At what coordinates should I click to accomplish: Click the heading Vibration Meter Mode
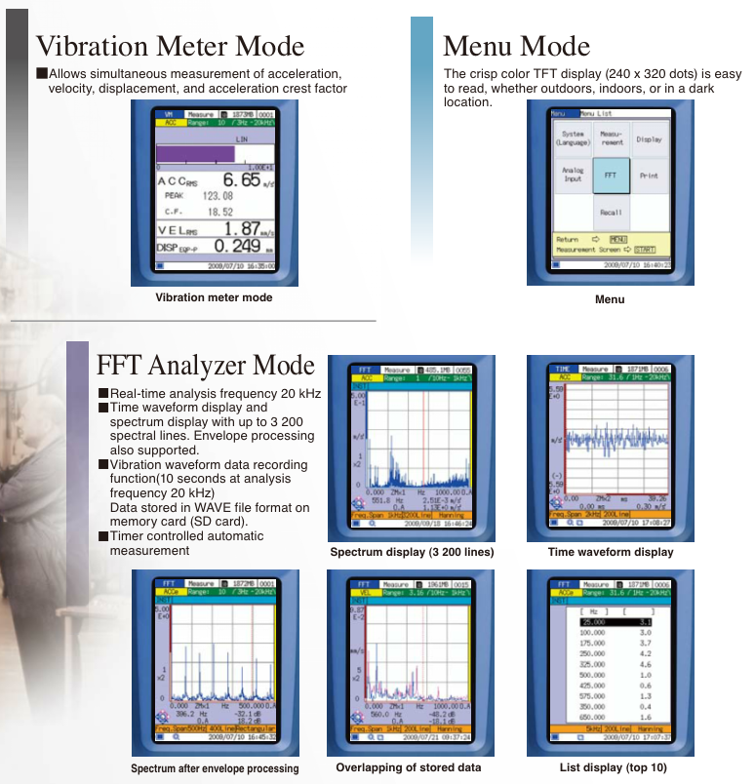(170, 46)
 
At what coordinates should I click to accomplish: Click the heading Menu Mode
(516, 46)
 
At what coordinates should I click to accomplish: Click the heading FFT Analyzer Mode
(206, 366)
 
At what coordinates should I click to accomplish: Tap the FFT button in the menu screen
(611, 176)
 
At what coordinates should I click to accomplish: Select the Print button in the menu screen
(649, 176)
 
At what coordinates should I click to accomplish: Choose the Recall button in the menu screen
(611, 212)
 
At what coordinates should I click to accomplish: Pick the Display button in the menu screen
(649, 139)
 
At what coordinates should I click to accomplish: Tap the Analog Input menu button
(573, 176)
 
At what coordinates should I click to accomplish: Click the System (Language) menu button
(573, 139)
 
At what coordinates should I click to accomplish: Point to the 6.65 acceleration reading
(241, 180)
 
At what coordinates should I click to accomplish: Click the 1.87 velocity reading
(243, 229)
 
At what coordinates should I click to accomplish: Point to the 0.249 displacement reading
(236, 247)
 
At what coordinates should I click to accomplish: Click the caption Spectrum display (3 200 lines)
(412, 553)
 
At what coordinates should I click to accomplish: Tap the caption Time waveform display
(611, 553)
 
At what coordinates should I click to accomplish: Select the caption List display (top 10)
(614, 767)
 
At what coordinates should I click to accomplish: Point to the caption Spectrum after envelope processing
(215, 768)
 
